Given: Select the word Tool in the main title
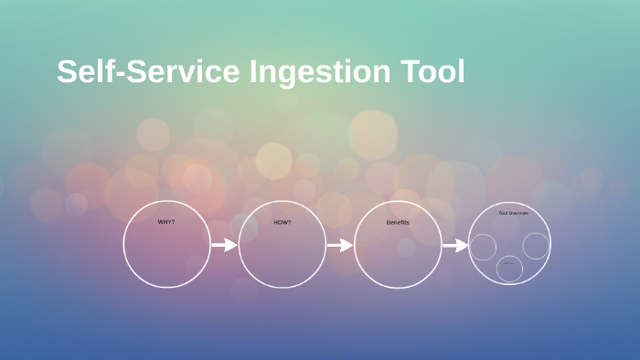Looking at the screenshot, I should [x=433, y=72].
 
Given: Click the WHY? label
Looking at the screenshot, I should [x=166, y=222].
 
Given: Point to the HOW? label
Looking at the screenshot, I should [x=282, y=222].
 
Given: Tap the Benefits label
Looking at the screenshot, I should [x=398, y=222].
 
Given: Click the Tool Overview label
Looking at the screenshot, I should [x=513, y=213].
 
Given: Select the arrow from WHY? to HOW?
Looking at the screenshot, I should [x=224, y=245].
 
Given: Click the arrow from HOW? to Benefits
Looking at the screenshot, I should [x=339, y=245].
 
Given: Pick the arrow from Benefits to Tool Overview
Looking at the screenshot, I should [x=455, y=245].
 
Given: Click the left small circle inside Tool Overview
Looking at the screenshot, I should [x=483, y=247].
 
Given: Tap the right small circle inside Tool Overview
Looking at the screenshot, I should [x=536, y=245].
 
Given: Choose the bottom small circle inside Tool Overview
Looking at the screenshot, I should [x=509, y=269].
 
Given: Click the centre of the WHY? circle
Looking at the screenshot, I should [x=166, y=245].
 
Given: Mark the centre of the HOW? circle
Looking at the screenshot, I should [x=282, y=245].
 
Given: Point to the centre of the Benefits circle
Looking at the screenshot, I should [x=398, y=245].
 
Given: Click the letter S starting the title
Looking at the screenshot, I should [x=67, y=72].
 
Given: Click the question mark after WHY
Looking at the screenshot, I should [x=173, y=222].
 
